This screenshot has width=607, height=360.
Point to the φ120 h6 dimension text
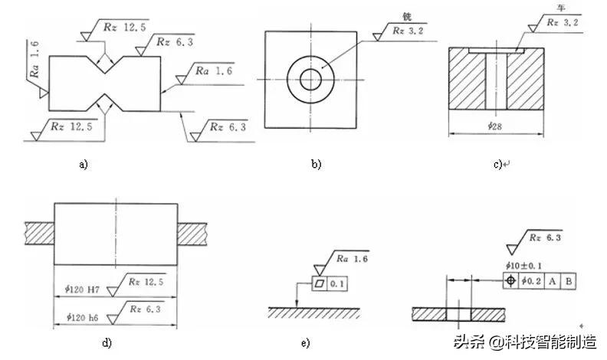[x=80, y=316]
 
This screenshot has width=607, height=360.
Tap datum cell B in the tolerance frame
[x=568, y=280]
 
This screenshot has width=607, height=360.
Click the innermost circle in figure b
[x=311, y=78]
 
